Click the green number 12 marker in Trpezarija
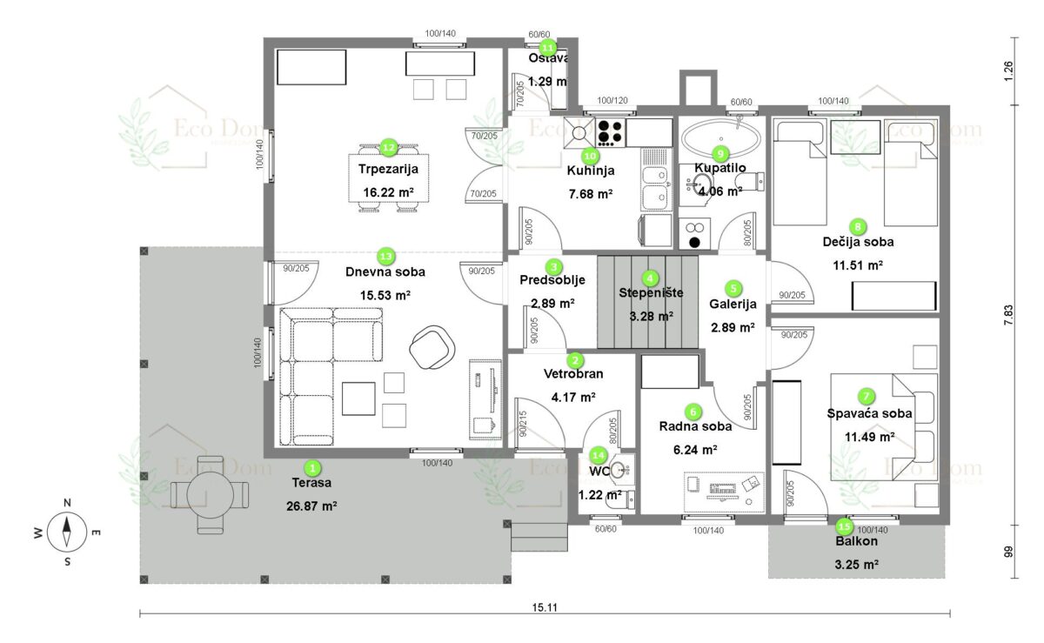389,148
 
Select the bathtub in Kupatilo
721,137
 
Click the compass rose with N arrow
67,531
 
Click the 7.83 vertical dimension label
1008,314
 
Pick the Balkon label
857,541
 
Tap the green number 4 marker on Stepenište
650,278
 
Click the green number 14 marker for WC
598,454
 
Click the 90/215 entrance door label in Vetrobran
524,424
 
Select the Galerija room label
733,305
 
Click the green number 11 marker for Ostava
548,47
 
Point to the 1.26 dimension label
1008,70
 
